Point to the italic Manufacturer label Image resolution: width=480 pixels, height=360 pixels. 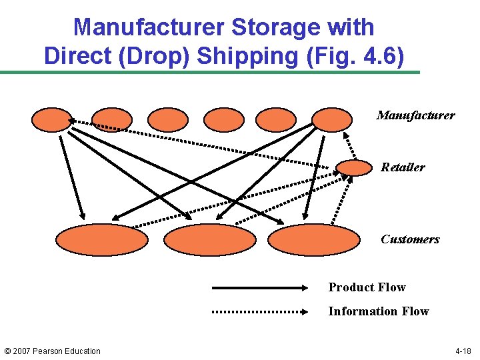[415, 115]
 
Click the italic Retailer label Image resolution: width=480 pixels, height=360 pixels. [403, 167]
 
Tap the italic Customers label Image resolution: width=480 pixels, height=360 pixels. [410, 239]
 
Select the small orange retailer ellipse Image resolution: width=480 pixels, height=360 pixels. [353, 167]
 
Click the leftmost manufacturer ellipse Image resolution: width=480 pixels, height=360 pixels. [51, 119]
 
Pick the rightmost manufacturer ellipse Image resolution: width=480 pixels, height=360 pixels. [331, 119]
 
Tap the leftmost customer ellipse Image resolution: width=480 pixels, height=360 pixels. [102, 240]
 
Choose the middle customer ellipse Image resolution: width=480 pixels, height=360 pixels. [209, 240]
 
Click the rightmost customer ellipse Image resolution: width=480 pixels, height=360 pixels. [313, 240]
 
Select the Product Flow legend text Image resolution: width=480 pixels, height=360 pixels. [367, 287]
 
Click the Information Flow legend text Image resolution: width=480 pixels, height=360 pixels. [378, 311]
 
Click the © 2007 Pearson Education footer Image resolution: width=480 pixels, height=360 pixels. [53, 351]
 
